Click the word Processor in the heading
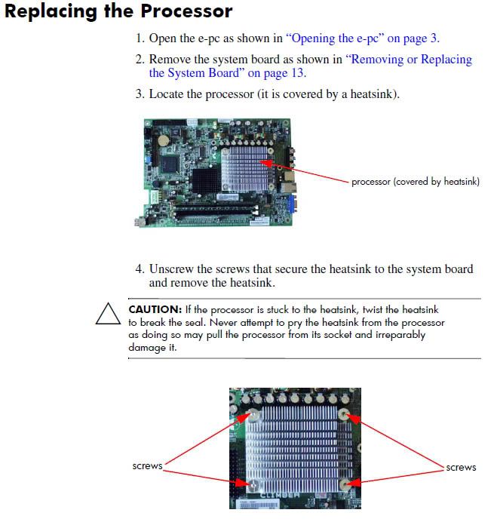tap(186, 11)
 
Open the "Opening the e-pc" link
tap(336, 38)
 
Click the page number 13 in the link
tap(297, 72)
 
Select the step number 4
tap(140, 269)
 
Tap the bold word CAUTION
tap(155, 309)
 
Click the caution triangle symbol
tap(108, 314)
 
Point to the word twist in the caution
tap(373, 309)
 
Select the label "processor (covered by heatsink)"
tap(416, 182)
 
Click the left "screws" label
tap(147, 466)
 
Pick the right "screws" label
tap(461, 468)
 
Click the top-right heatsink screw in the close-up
tap(343, 414)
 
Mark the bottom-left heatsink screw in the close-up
tap(253, 485)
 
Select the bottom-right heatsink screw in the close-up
tap(344, 485)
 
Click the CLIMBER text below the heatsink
tap(280, 495)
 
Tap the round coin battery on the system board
tap(164, 140)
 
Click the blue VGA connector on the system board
tap(290, 204)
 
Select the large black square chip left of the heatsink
tap(206, 181)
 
